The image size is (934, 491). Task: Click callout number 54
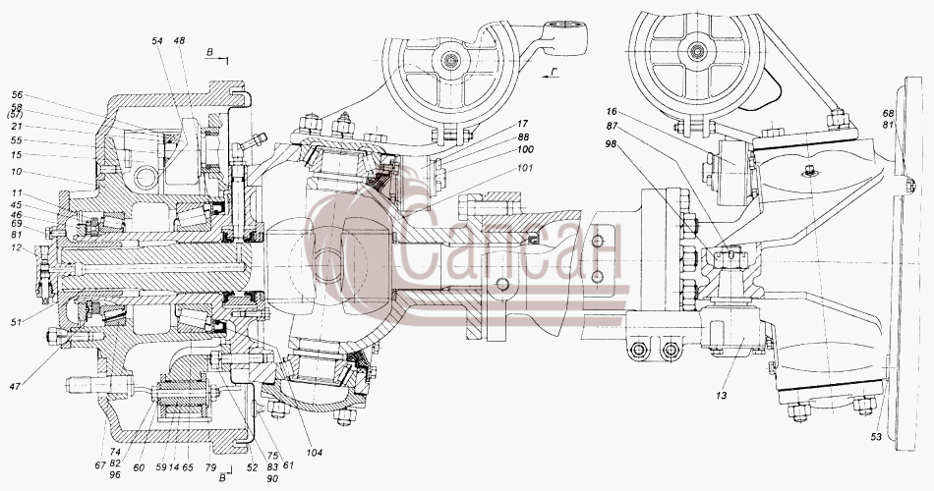click(x=157, y=41)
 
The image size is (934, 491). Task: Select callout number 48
click(x=179, y=41)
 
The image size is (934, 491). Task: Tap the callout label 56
click(x=17, y=95)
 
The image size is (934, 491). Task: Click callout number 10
click(x=16, y=172)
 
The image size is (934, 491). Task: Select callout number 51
click(x=16, y=322)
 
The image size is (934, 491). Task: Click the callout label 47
click(x=15, y=386)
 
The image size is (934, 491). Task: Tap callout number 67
click(x=99, y=464)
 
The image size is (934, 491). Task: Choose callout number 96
click(x=115, y=475)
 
